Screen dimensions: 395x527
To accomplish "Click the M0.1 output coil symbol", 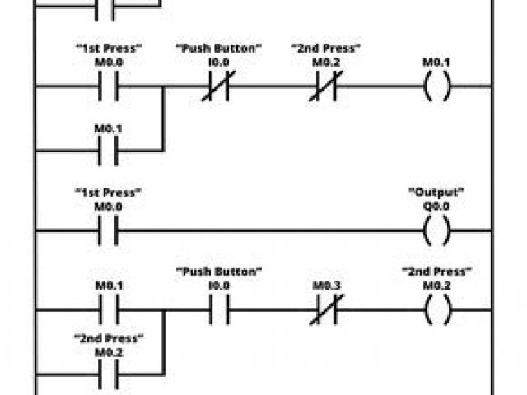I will click(x=436, y=86).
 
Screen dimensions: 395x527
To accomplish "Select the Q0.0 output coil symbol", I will click(x=436, y=233).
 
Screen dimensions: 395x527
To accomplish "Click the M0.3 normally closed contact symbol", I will click(x=327, y=313).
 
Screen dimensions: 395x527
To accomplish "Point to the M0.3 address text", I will click(x=327, y=286).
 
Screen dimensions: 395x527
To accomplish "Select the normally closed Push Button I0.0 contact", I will click(x=218, y=86).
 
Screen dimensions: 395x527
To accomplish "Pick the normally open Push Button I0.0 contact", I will click(x=218, y=313).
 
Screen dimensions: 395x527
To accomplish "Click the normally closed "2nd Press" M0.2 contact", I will click(x=327, y=86).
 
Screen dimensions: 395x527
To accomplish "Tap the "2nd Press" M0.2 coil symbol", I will click(x=436, y=313).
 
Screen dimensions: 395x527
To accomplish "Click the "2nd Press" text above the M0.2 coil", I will click(x=436, y=271).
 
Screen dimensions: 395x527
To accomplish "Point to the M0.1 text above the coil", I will click(x=436, y=62).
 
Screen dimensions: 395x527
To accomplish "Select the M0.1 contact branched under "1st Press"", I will click(x=108, y=150).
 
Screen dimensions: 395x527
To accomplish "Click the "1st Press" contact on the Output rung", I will click(x=108, y=233).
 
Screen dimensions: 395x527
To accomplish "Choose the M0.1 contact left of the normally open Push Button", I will click(x=108, y=313).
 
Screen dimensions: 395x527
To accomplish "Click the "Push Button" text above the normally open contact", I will click(x=218, y=271).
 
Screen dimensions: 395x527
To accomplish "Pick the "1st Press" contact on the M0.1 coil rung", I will click(x=108, y=86).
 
